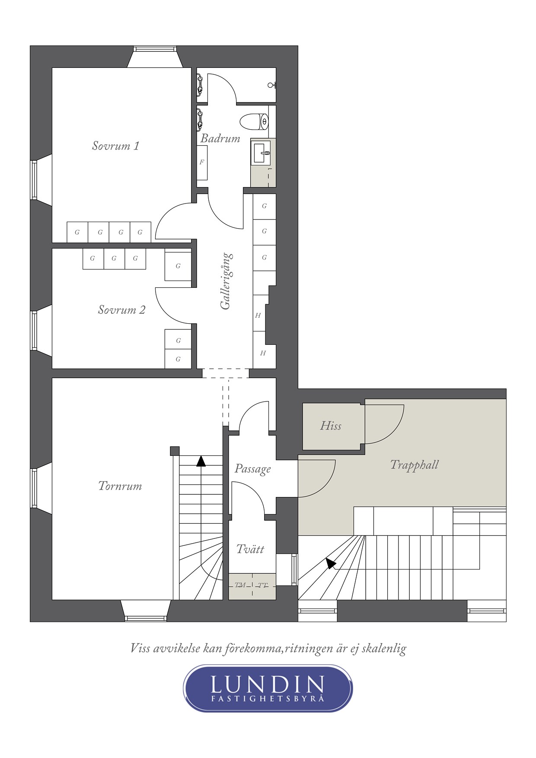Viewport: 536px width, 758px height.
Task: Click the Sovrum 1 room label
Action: pos(115,146)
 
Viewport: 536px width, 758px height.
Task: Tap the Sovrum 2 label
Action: pos(121,309)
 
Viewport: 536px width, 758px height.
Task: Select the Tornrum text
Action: pos(120,486)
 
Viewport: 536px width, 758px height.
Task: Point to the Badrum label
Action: pos(220,138)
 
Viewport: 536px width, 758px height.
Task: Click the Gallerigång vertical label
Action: pos(226,281)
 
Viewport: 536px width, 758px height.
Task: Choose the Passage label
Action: pos(253,469)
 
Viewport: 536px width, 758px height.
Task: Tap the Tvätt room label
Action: pos(250,549)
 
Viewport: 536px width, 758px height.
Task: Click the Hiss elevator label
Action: pos(331,426)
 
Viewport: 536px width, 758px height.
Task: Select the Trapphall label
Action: pos(415,465)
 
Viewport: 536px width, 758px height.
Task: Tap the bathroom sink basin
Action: pos(261,153)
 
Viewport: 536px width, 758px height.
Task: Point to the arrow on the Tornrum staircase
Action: pos(201,461)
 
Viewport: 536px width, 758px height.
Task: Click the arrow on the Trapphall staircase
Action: pos(331,563)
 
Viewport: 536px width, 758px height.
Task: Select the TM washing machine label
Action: pos(240,585)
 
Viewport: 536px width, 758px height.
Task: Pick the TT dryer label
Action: pos(263,586)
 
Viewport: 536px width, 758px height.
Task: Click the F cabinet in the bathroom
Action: pos(202,162)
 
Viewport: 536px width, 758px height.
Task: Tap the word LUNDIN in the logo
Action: pos(268,684)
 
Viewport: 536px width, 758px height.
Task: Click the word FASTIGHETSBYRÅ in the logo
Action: pos(268,698)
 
